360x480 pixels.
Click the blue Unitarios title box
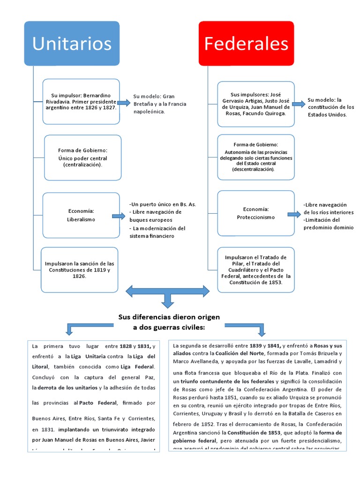72,43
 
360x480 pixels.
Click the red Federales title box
246,43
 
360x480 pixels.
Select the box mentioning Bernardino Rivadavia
81,101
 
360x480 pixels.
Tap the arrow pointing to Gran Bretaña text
124,103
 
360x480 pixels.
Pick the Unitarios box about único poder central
82,157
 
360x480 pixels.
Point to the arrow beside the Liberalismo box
118,216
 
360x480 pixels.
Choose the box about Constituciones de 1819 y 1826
79,270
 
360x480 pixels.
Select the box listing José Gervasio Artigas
255,104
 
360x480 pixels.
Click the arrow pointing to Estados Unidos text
298,104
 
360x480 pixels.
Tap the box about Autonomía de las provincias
255,157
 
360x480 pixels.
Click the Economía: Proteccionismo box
255,213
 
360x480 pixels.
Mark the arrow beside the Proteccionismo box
294,214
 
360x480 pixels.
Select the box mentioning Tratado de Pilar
255,270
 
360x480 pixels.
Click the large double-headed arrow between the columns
167,293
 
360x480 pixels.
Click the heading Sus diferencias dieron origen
169,317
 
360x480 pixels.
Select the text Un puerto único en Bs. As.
163,204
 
